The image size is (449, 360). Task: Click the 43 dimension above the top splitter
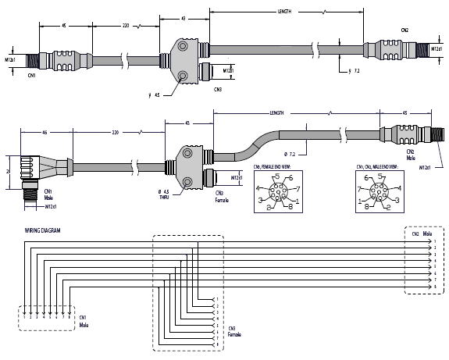(x=184, y=18)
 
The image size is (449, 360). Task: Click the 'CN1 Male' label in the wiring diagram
(x=84, y=320)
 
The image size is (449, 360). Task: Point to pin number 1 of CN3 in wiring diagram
(x=216, y=299)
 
